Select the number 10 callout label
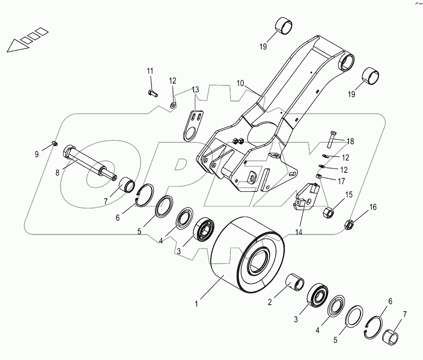pyautogui.click(x=240, y=83)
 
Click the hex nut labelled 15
pyautogui.click(x=329, y=212)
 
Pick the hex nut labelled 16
pyautogui.click(x=349, y=224)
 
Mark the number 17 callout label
pyautogui.click(x=342, y=181)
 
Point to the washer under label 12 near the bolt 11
pyautogui.click(x=173, y=104)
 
